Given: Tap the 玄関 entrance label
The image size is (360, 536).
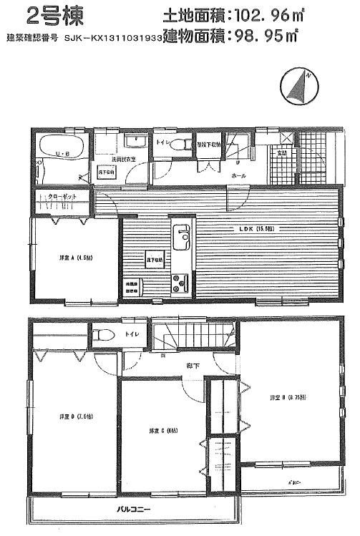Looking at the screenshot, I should (x=282, y=152).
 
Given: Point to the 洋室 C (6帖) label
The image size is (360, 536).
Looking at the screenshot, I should (x=162, y=431).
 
